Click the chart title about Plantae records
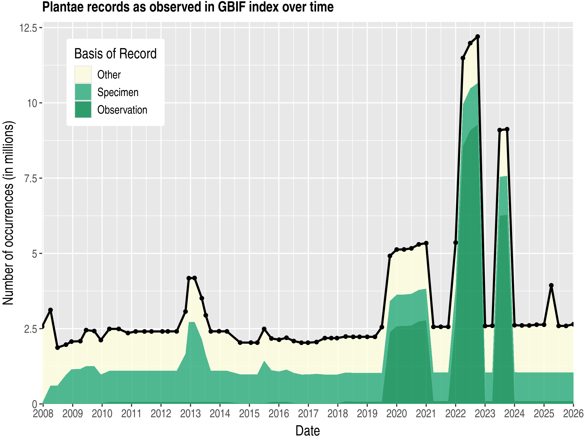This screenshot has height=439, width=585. (188, 7)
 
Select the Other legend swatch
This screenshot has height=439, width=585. (83, 75)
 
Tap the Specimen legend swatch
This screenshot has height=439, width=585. (83, 92)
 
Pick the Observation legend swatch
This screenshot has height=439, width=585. (83, 110)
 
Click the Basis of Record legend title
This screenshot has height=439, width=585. (115, 54)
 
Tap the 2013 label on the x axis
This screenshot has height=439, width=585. (190, 414)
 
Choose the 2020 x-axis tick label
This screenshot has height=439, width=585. (396, 414)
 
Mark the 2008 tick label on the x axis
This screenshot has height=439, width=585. (43, 414)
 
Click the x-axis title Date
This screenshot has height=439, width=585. (308, 431)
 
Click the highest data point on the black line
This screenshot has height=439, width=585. (478, 37)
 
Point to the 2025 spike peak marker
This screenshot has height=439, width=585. (551, 286)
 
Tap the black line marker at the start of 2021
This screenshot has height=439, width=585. (426, 243)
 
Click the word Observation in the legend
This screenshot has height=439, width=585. (122, 110)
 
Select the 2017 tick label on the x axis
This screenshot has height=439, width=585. (308, 414)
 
